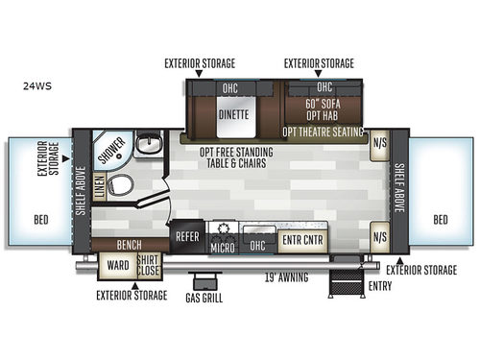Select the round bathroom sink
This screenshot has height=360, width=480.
[x=147, y=146]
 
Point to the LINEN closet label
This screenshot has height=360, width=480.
[x=101, y=191]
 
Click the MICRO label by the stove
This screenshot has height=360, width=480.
[x=222, y=248]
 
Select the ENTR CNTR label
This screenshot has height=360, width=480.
[x=301, y=239]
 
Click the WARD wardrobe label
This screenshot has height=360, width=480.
[x=118, y=265]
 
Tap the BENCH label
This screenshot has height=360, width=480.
[x=130, y=244]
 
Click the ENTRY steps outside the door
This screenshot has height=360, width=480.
[x=346, y=281]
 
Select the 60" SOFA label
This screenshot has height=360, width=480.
[x=324, y=101]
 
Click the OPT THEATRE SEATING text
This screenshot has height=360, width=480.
[x=324, y=132]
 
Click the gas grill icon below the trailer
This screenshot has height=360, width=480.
[x=203, y=281]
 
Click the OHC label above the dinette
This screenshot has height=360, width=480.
[x=231, y=88]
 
